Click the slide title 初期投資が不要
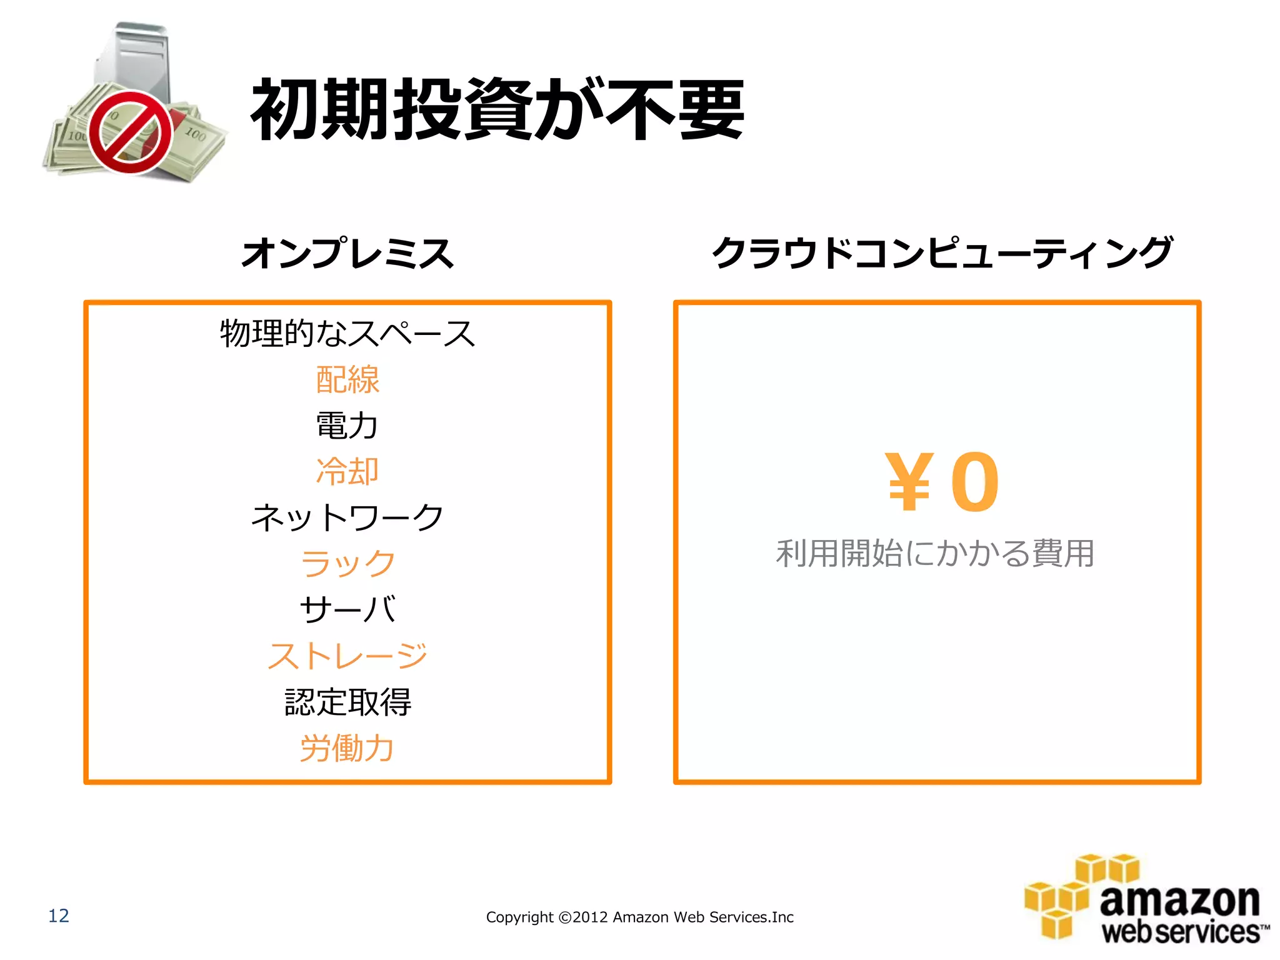point(497,110)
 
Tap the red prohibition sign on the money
point(130,132)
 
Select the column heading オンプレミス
point(347,253)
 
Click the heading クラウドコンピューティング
point(942,253)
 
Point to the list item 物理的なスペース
point(347,333)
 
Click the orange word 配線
point(347,379)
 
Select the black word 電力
point(347,426)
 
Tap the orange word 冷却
point(347,471)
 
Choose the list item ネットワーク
point(347,517)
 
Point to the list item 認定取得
point(347,702)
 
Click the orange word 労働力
point(347,747)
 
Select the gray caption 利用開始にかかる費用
point(935,554)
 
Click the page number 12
point(59,916)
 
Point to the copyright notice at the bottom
point(639,917)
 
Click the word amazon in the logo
point(1179,901)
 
